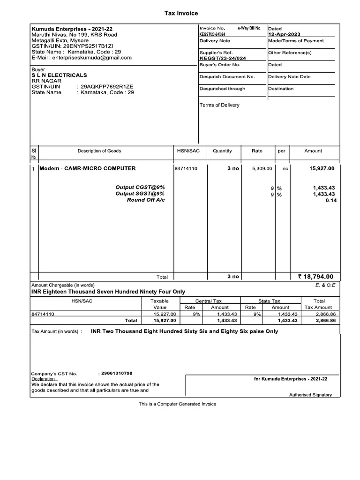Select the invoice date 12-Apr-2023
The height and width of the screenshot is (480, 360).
284,34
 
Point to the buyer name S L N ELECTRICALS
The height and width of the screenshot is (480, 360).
59,75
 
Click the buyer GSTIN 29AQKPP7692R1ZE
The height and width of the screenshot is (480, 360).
107,87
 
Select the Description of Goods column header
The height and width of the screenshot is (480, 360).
99,151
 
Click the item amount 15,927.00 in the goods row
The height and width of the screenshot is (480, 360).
322,168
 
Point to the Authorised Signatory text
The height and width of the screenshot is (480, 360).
310,395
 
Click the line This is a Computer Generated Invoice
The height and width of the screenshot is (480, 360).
177,404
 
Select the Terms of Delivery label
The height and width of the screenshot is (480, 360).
219,105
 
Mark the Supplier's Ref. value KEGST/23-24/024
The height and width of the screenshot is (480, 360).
223,59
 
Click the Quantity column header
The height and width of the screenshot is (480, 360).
222,151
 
